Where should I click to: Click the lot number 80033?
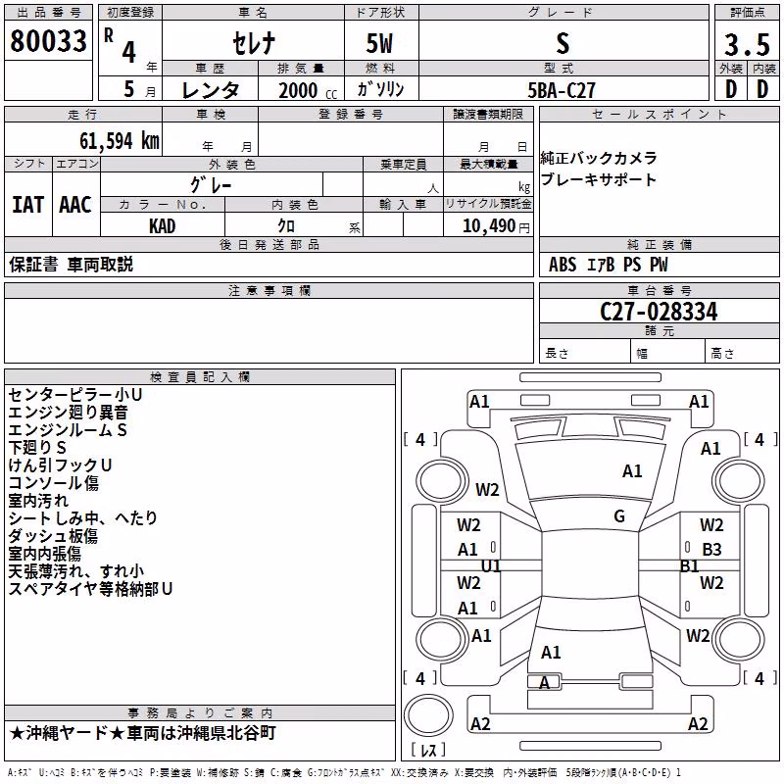pos(48,41)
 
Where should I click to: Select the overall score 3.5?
pos(747,45)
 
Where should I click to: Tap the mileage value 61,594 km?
pos(120,141)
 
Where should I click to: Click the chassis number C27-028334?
pos(659,312)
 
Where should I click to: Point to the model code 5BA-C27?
pos(562,90)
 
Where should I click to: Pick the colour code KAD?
pos(162,226)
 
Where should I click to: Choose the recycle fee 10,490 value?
pos(488,226)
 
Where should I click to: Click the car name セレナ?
pos(254,43)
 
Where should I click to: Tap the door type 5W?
pos(379,44)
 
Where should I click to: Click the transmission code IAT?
pos(28,205)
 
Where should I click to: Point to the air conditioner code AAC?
pos(75,205)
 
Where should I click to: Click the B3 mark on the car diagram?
pos(711,550)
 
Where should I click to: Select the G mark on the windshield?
pos(619,516)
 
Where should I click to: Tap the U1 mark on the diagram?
pos(491,566)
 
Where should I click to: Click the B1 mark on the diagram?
pos(690,566)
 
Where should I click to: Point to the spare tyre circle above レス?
pos(428,714)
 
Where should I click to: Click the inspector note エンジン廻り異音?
pos(68,413)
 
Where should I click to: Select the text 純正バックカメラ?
pos(599,158)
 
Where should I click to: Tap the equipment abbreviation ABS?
pos(563,265)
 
